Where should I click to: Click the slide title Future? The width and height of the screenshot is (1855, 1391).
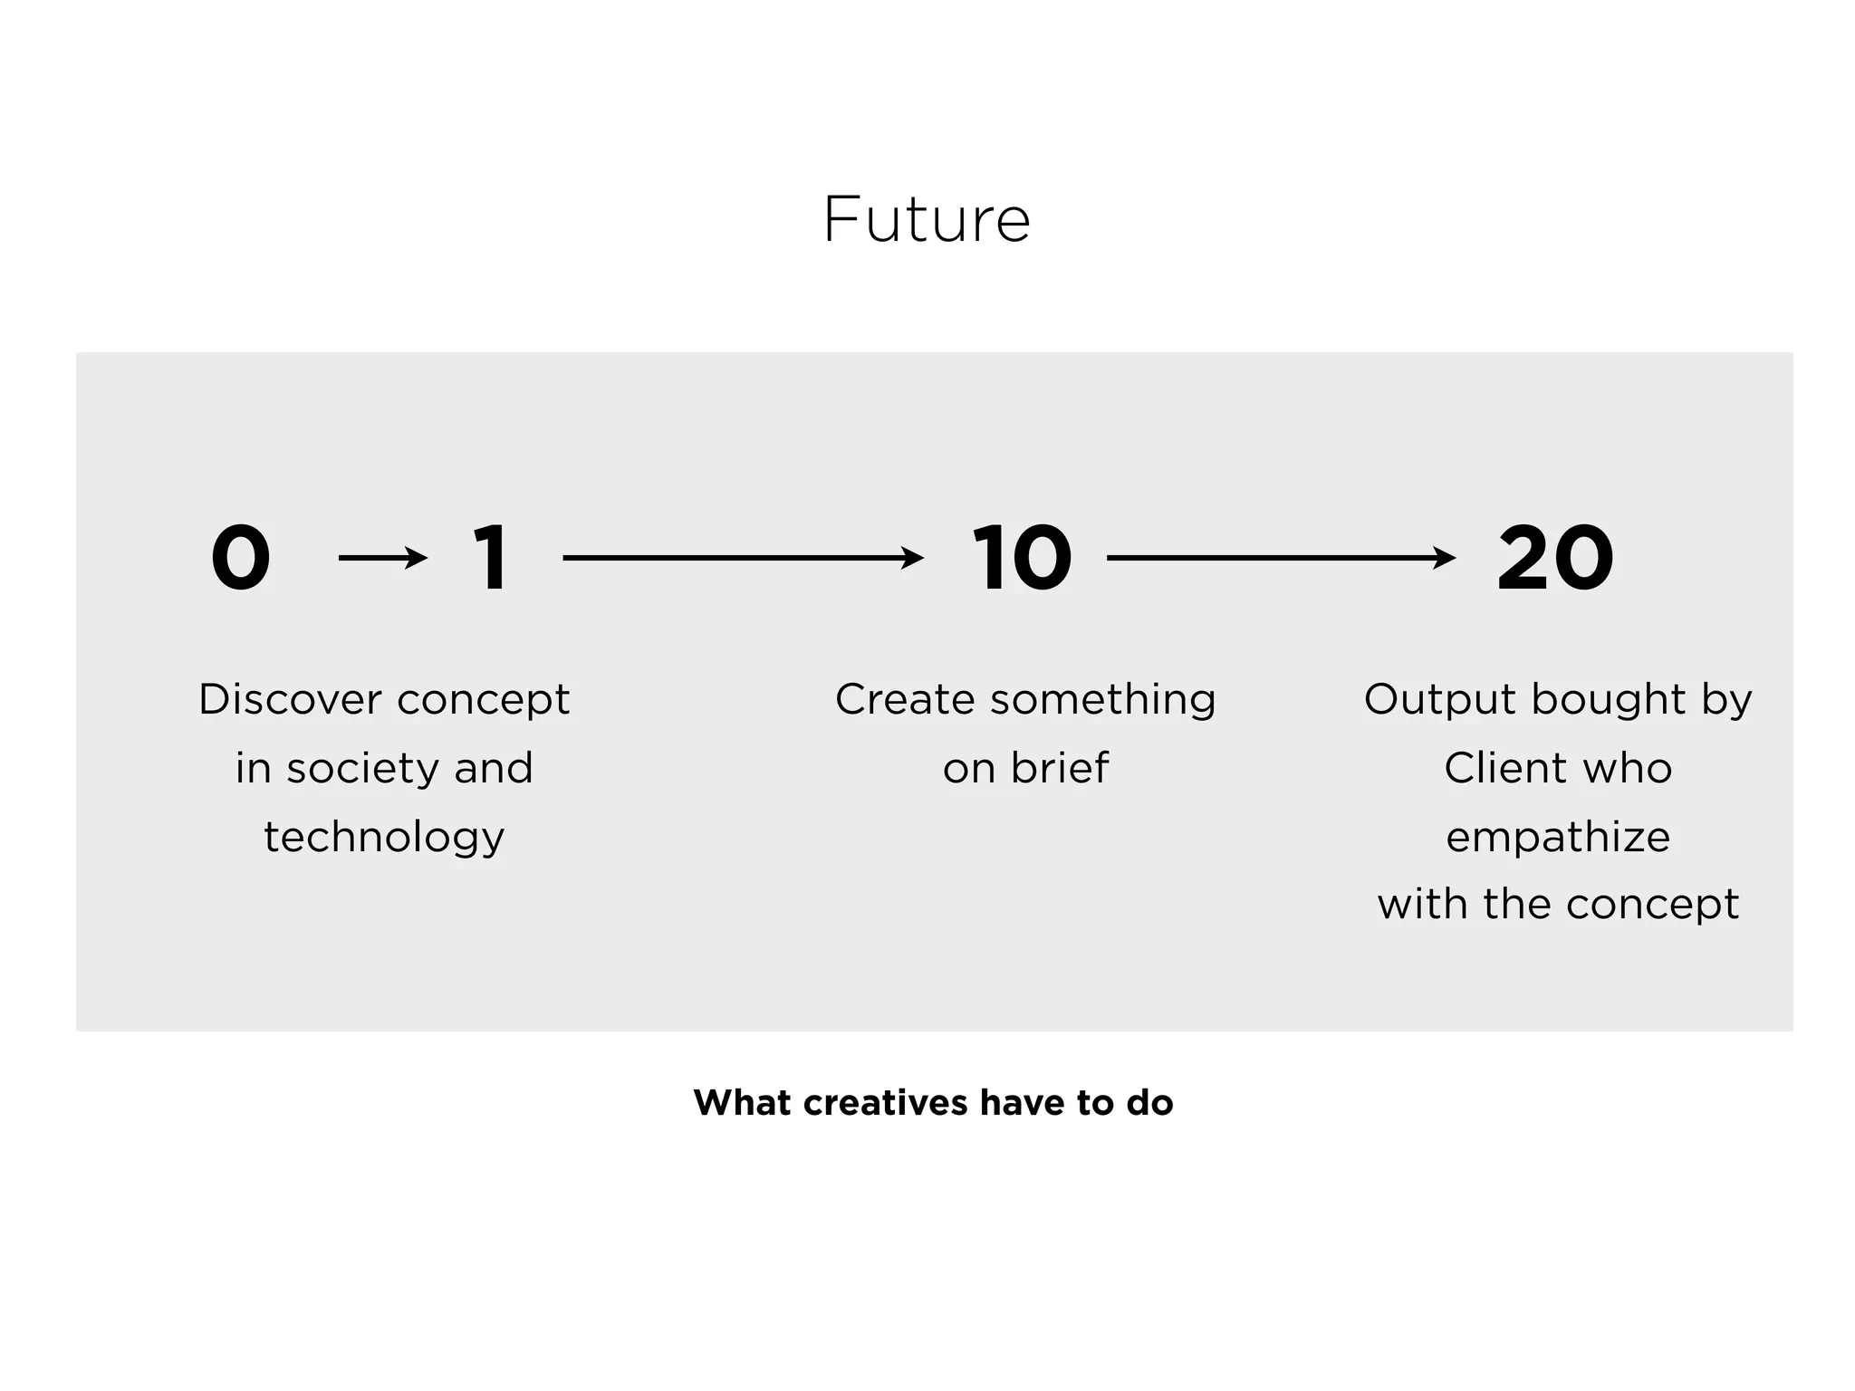click(927, 220)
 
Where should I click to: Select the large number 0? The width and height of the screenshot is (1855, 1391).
click(241, 558)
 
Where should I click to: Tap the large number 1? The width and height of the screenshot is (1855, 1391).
click(490, 558)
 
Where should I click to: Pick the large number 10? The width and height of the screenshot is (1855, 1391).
click(1022, 558)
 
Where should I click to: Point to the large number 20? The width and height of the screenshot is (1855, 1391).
click(1555, 558)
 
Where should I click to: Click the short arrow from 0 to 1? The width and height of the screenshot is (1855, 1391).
click(382, 558)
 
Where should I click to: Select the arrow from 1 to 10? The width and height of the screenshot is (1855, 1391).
click(743, 558)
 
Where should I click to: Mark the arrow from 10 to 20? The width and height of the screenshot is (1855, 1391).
click(1281, 558)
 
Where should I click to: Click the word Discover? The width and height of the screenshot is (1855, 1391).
click(290, 700)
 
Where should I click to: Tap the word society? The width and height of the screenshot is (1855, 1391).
click(363, 769)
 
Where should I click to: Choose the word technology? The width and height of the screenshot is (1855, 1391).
click(384, 838)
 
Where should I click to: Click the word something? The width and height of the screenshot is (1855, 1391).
click(1102, 700)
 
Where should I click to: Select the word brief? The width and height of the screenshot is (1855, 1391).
click(1059, 769)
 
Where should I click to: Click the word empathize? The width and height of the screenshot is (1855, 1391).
click(1558, 838)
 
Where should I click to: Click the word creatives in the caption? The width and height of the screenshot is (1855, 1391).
click(886, 1103)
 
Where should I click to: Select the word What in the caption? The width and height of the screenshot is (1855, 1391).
click(742, 1103)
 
